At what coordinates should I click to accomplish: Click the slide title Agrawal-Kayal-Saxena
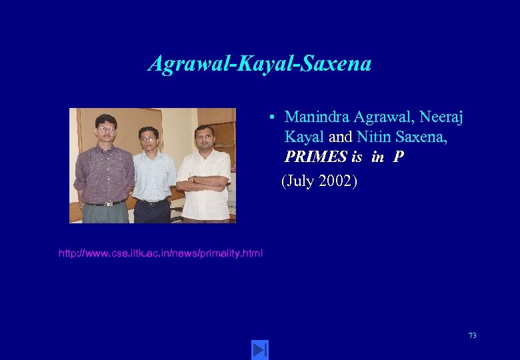[x=259, y=64]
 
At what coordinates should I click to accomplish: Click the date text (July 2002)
[x=319, y=181]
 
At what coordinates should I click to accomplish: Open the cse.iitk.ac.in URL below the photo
[x=161, y=253]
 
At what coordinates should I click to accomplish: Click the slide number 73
[x=472, y=335]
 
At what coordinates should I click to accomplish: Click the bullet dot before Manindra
[x=273, y=118]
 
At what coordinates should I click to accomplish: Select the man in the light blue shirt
[x=153, y=175]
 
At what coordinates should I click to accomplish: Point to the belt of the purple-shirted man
[x=105, y=203]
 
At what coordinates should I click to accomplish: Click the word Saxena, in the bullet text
[x=418, y=137]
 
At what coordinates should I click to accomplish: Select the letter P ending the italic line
[x=398, y=157]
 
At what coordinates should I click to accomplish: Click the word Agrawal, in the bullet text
[x=374, y=117]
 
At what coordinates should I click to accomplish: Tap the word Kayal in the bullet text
[x=304, y=137]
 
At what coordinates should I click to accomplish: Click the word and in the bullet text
[x=340, y=137]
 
